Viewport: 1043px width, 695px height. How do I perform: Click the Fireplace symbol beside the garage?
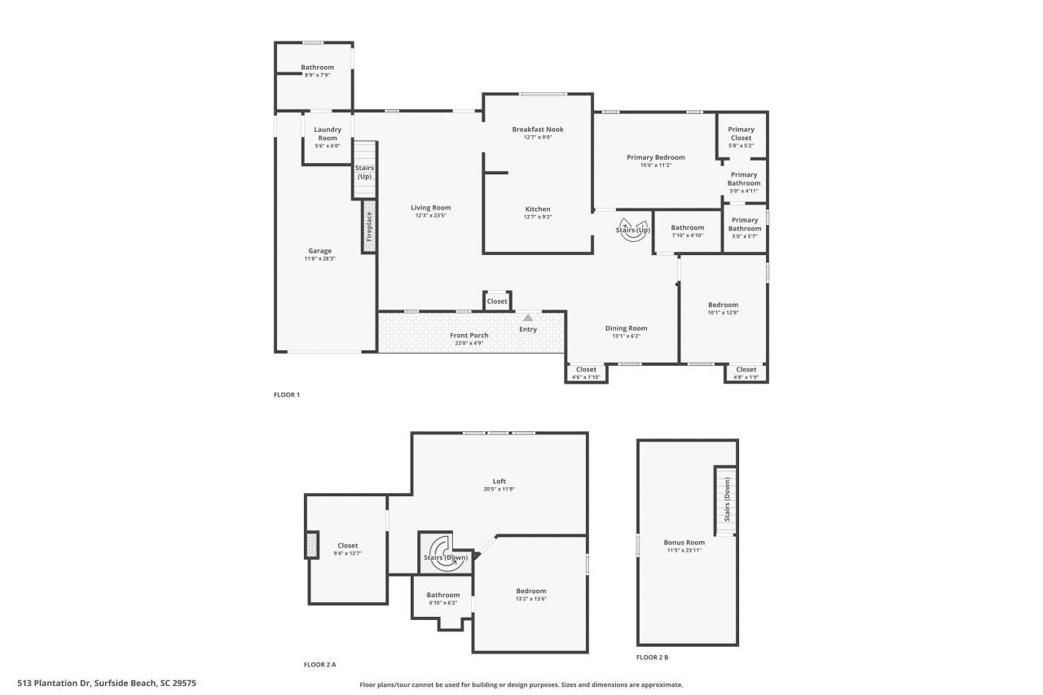point(369,226)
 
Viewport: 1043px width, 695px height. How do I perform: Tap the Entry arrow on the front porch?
point(528,318)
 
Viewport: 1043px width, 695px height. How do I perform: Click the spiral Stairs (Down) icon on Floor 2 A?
point(445,555)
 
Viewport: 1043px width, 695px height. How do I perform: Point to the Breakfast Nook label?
point(537,130)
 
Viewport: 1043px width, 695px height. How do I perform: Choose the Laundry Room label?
point(328,134)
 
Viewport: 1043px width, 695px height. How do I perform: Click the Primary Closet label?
point(741,134)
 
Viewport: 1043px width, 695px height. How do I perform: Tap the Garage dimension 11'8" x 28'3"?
point(319,259)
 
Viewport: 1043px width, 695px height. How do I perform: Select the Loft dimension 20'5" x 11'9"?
point(499,490)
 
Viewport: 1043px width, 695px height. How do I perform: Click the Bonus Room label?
point(684,543)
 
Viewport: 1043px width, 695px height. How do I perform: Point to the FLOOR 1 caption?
point(287,395)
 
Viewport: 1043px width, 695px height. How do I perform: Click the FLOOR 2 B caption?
point(652,657)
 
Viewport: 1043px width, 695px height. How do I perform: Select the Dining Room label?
point(626,328)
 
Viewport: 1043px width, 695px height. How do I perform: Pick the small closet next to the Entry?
point(497,301)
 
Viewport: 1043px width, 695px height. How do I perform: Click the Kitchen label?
point(537,209)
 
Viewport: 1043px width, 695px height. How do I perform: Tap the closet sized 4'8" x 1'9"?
point(746,373)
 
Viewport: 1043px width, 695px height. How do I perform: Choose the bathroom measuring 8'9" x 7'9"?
point(317,71)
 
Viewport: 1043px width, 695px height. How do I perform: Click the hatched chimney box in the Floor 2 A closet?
point(311,544)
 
